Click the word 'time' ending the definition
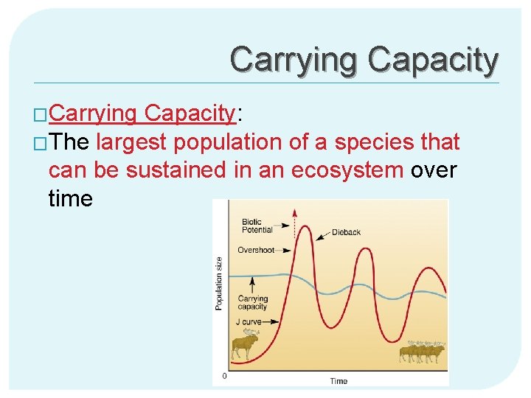[71, 198]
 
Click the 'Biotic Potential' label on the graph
[257, 226]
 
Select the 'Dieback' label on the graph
[346, 232]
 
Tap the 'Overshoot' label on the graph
[255, 251]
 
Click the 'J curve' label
[249, 321]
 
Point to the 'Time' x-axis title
[339, 380]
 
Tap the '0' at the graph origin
[225, 376]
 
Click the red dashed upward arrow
[294, 228]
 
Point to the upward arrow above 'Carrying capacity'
[253, 284]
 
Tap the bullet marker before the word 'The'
[41, 142]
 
